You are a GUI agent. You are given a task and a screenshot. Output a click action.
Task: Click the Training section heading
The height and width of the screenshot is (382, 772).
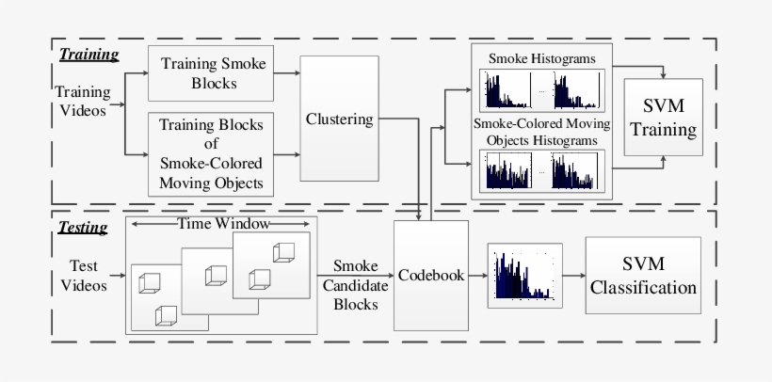click(88, 55)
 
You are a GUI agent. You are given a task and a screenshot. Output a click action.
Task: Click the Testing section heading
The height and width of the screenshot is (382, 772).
click(83, 227)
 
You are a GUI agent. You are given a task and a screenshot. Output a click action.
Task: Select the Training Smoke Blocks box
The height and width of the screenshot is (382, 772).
click(214, 73)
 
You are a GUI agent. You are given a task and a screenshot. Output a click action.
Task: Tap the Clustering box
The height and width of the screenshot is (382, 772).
click(340, 119)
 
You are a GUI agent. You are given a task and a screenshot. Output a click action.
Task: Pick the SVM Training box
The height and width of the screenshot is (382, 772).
click(663, 118)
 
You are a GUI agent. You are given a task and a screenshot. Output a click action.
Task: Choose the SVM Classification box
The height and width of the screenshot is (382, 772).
click(643, 276)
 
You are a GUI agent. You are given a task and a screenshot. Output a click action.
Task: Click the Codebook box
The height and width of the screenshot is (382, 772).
click(430, 275)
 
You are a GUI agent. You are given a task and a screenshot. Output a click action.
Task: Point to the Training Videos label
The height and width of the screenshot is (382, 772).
click(83, 102)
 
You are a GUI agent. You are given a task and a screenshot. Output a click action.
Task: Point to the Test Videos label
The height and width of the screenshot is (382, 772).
click(89, 276)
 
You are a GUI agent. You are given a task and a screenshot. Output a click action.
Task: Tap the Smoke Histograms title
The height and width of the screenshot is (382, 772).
click(541, 58)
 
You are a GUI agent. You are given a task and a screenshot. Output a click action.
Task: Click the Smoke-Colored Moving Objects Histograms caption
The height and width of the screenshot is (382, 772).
click(541, 133)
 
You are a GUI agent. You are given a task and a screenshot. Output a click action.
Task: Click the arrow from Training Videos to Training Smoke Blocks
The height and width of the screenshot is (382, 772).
click(136, 75)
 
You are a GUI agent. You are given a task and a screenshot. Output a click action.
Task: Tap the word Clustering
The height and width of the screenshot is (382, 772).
click(340, 119)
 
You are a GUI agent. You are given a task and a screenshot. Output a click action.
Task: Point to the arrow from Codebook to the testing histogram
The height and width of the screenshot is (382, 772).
click(477, 276)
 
